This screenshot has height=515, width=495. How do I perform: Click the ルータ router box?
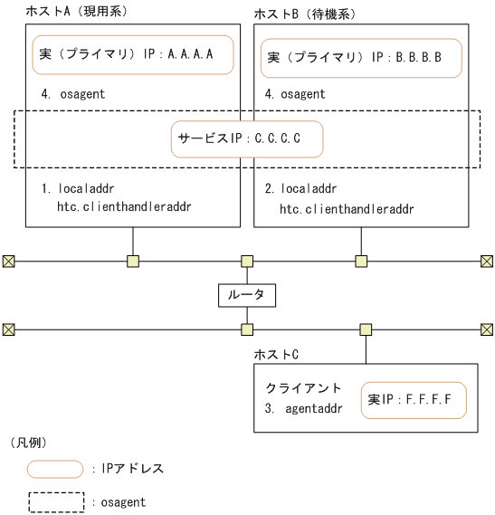coord(246,295)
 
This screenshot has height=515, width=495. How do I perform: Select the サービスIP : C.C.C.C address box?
coord(246,140)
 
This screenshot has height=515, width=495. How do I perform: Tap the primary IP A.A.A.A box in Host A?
coord(133,54)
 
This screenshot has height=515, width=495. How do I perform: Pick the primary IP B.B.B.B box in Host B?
coord(361,57)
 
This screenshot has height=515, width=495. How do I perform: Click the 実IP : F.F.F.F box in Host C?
coord(414,398)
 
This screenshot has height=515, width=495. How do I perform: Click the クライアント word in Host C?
coord(295,386)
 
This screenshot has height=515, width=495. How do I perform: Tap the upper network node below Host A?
coord(133,262)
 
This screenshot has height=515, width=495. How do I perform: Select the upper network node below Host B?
coord(361,262)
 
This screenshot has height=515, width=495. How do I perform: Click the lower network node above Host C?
coord(366,329)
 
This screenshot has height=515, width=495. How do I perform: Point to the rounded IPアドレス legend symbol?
coord(55,469)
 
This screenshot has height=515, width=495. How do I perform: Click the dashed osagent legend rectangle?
coord(55,501)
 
